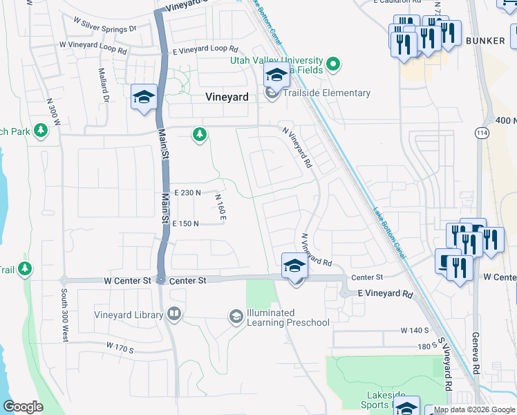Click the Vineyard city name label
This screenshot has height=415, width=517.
227,98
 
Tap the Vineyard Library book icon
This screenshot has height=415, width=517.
174,315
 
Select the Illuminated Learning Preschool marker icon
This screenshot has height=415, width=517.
236,316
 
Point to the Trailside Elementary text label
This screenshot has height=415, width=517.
327,93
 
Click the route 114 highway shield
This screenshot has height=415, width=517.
482,131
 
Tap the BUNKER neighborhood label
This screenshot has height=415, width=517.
485,41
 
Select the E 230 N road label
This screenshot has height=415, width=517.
187,193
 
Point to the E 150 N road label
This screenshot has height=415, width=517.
186,223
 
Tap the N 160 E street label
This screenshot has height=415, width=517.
221,207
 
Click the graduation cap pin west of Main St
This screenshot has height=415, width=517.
144,97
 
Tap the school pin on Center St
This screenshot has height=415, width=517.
294,266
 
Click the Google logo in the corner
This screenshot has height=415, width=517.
23,407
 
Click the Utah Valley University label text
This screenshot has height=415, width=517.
276,61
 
